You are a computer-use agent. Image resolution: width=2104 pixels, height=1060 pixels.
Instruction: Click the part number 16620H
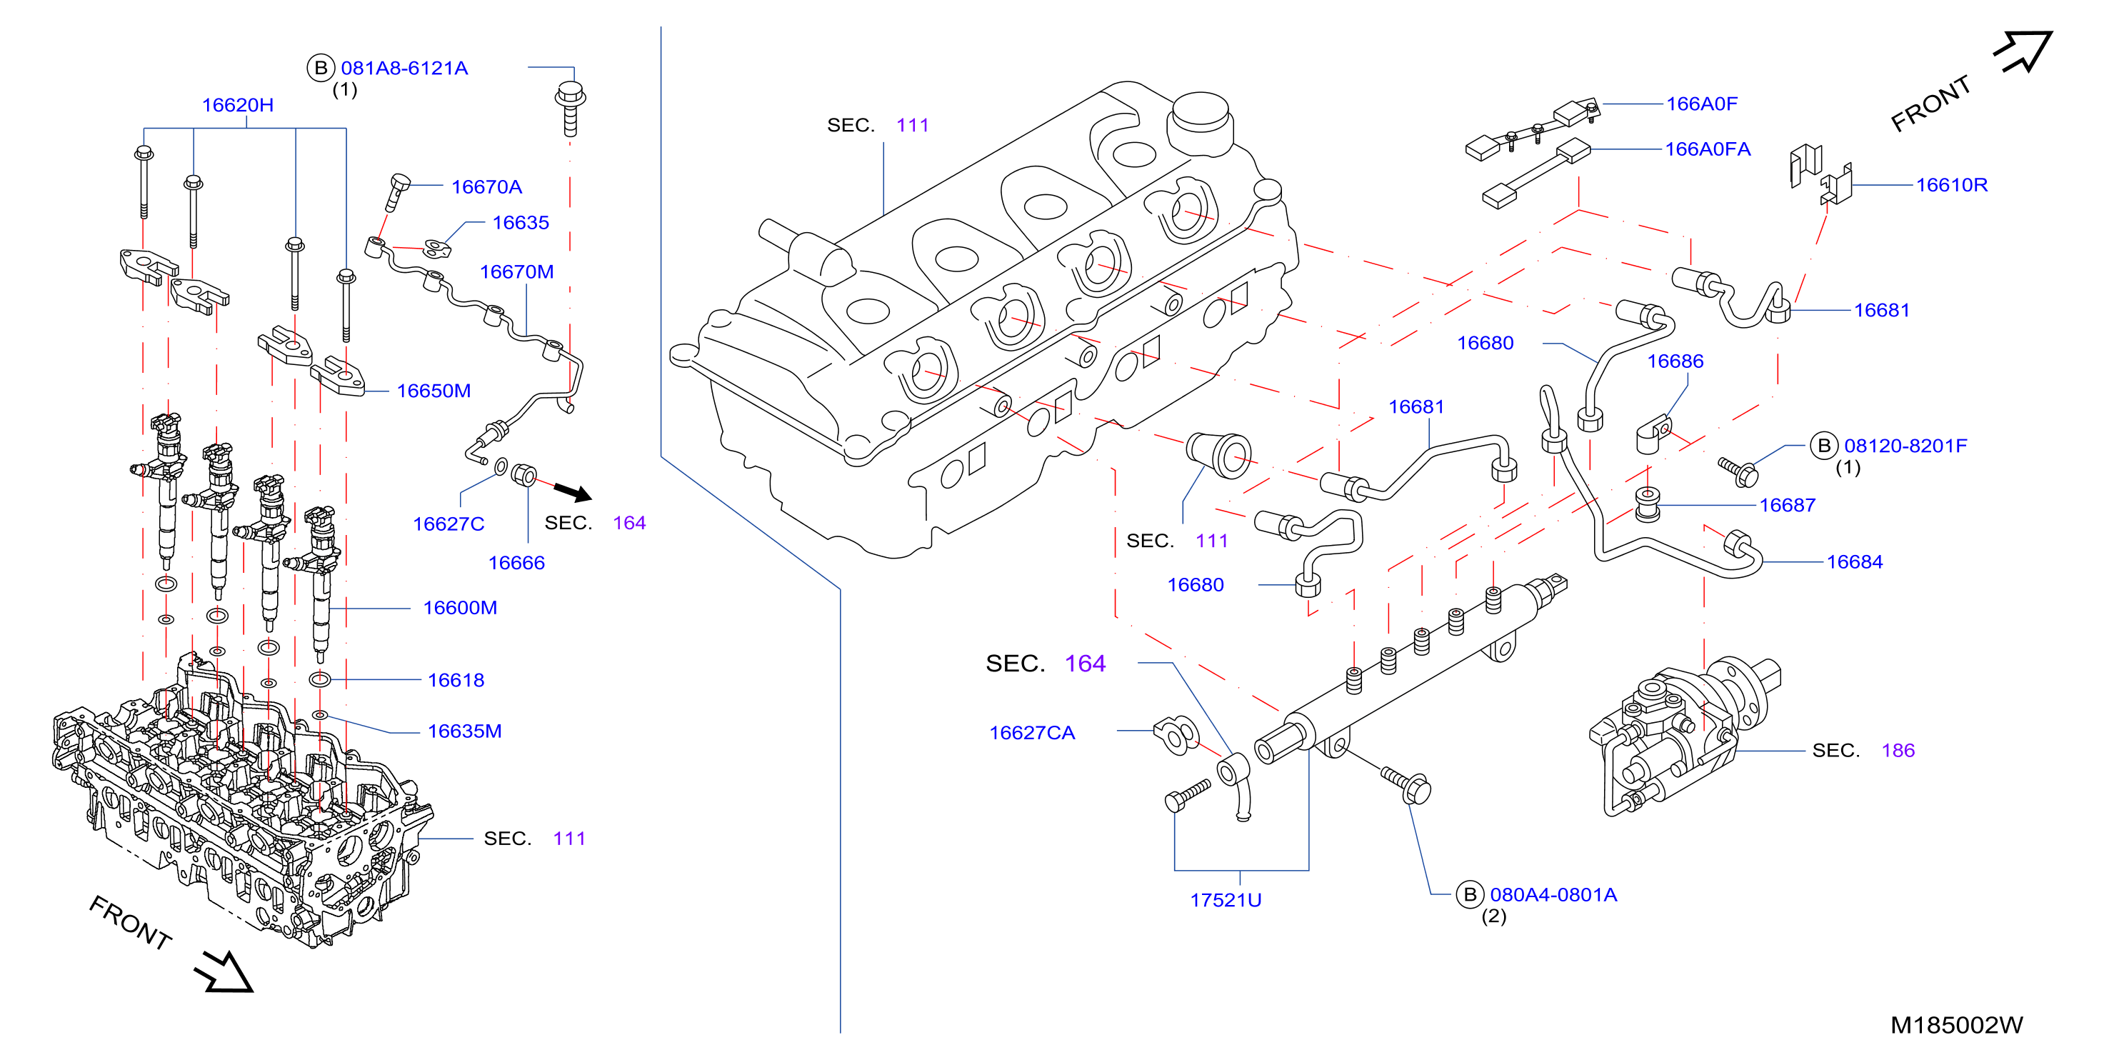pos(238,105)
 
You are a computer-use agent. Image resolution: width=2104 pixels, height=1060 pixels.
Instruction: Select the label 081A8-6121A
pos(404,69)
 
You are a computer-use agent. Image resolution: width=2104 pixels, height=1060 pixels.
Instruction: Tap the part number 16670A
pos(487,187)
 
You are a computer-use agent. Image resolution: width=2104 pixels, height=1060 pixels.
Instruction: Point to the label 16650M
pos(434,391)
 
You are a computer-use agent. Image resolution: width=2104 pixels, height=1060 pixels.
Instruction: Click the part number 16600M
pos(460,608)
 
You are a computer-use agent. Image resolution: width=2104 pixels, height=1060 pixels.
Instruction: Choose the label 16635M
pos(465,731)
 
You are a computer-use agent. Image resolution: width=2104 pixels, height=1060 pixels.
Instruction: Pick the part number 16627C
pos(449,524)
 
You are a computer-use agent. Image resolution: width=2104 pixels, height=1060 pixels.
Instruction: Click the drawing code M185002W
pos(1957,1025)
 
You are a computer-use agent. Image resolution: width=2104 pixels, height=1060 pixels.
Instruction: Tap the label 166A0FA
pos(1708,149)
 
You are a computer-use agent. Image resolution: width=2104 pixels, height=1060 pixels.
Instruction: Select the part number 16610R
pos(1952,186)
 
